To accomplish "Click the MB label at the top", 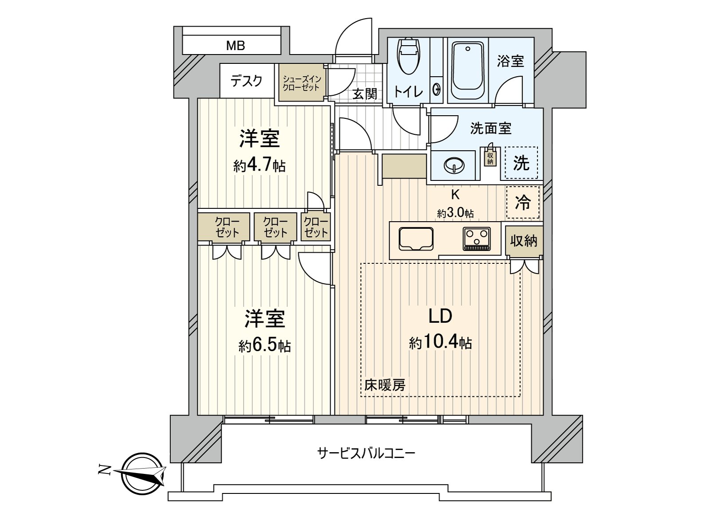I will point(235,45).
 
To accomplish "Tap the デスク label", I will point(246,81).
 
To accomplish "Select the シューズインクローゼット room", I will point(302,83).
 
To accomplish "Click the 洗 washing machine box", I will point(521,163).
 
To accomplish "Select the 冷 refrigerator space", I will point(523,203).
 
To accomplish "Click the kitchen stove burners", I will point(477,239).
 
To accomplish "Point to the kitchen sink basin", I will point(416,239).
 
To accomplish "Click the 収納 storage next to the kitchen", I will point(524,241).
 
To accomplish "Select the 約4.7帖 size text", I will point(260,166).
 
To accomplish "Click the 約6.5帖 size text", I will point(264,346).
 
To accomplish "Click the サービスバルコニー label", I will point(366,453).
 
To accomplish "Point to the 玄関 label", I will point(365,94).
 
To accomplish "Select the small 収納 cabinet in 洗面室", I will point(490,157).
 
